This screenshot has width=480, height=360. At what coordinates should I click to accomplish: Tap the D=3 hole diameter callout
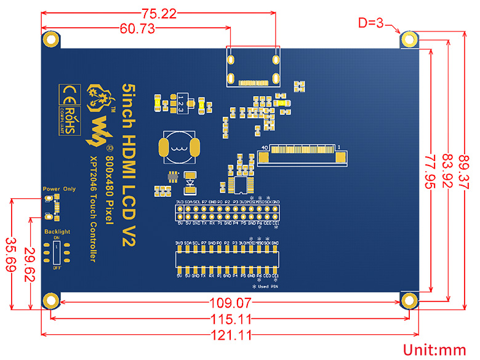click(371, 23)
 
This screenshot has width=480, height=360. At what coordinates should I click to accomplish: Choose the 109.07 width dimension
click(228, 303)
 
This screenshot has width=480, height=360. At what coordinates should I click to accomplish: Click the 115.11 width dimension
click(228, 319)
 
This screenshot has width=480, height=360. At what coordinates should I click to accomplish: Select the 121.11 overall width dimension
click(228, 336)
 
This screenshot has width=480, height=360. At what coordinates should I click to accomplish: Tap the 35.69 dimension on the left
click(11, 254)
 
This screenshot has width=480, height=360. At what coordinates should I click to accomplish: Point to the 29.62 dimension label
click(28, 254)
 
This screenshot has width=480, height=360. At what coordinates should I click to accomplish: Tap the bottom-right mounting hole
click(408, 300)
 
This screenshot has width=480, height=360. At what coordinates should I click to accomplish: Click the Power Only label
click(58, 189)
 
